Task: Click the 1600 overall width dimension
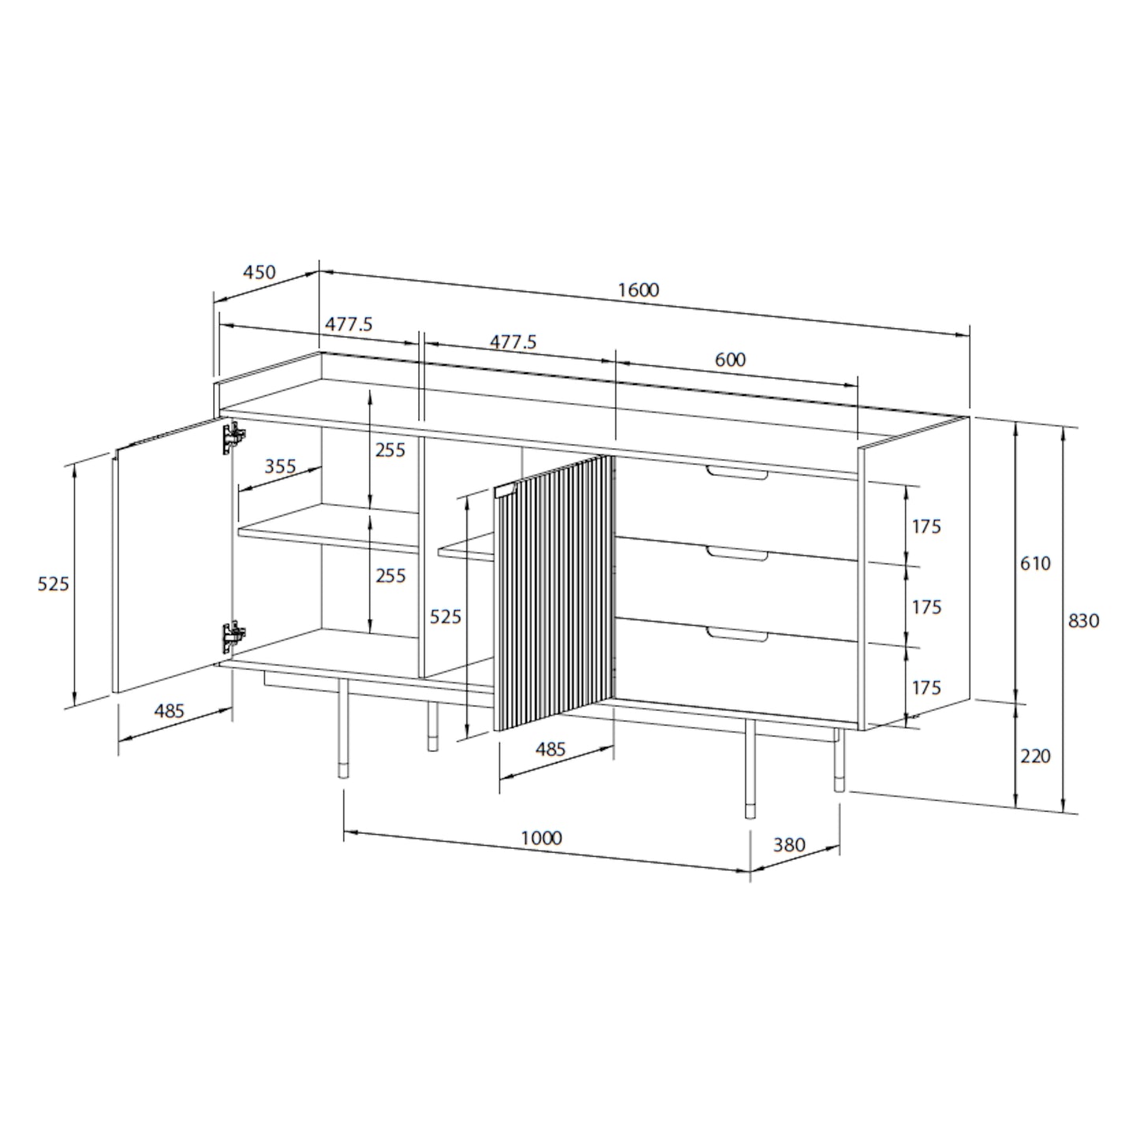(x=637, y=290)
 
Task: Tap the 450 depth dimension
(x=259, y=272)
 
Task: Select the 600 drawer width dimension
(x=730, y=360)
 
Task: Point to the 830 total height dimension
(x=1083, y=621)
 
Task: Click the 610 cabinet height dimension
(x=1035, y=563)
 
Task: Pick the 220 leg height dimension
(x=1035, y=756)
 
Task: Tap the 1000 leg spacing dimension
(x=541, y=837)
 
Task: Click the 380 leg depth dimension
(x=789, y=845)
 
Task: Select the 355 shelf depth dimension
(x=280, y=466)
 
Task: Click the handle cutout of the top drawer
(x=737, y=473)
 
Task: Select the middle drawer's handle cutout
(x=737, y=555)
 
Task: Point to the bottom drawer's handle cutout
(x=737, y=636)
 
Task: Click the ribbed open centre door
(x=553, y=592)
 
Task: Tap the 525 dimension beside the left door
(x=54, y=584)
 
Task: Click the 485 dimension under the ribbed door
(x=550, y=749)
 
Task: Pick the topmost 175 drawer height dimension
(x=927, y=525)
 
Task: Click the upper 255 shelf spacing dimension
(x=391, y=450)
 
